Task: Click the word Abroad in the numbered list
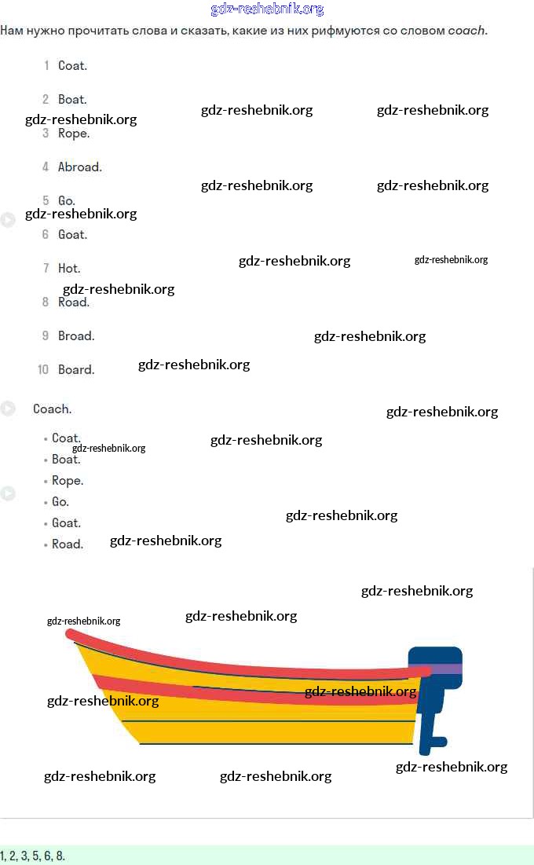pyautogui.click(x=79, y=167)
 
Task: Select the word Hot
pyautogui.click(x=69, y=269)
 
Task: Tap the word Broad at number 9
pyautogui.click(x=75, y=336)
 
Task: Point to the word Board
pyautogui.click(x=75, y=370)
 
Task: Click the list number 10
pyautogui.click(x=43, y=370)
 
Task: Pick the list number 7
pyautogui.click(x=46, y=269)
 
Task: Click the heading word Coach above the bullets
pyautogui.click(x=52, y=409)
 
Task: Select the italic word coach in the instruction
pyautogui.click(x=467, y=31)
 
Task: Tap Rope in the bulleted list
pyautogui.click(x=68, y=481)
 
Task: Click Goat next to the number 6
pyautogui.click(x=72, y=235)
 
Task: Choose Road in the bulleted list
pyautogui.click(x=67, y=544)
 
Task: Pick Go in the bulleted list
pyautogui.click(x=60, y=502)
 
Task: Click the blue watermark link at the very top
pyautogui.click(x=267, y=9)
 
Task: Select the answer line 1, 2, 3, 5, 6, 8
pyautogui.click(x=33, y=856)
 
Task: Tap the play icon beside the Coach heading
pyautogui.click(x=8, y=409)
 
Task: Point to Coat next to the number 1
pyautogui.click(x=72, y=66)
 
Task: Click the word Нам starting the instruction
pyautogui.click(x=12, y=31)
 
